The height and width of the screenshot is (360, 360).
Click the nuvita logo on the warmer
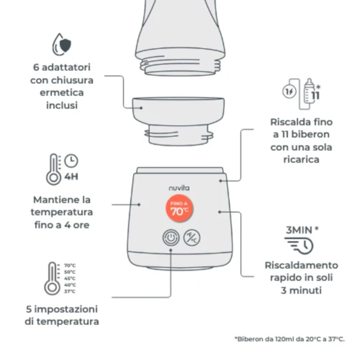point(179,188)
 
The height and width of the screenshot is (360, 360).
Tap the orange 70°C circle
point(179,208)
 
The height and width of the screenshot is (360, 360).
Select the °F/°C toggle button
point(192,238)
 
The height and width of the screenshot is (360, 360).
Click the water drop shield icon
point(61,45)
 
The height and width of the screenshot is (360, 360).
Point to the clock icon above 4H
point(71,160)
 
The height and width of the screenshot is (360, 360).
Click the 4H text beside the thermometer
point(71,177)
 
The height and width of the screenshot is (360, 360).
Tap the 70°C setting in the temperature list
point(70,265)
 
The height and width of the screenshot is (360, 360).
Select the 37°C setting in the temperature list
point(70,292)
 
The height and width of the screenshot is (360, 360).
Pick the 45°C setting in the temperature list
point(70,278)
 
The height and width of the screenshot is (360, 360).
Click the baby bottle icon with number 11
point(312,91)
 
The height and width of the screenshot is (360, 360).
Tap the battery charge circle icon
point(289,92)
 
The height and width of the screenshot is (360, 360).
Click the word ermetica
point(62,93)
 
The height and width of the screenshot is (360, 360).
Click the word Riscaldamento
point(301,265)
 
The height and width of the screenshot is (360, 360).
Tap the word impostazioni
point(66,309)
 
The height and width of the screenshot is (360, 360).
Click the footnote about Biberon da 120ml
point(290,339)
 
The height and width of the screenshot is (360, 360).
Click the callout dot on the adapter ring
point(141,107)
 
